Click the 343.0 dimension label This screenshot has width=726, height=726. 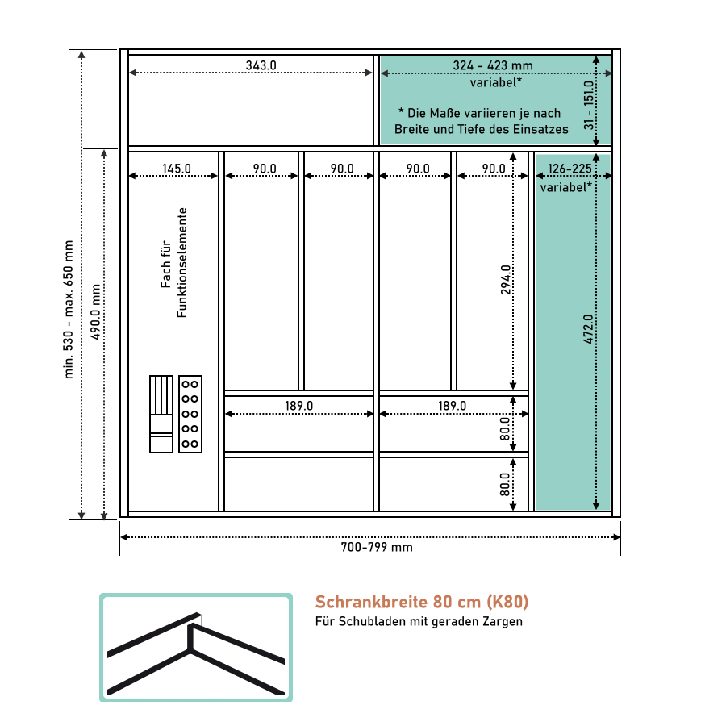261,65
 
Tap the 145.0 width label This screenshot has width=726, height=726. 177,169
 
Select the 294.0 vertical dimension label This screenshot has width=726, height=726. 506,280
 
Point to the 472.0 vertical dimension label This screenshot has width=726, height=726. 588,329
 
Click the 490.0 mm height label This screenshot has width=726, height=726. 95,312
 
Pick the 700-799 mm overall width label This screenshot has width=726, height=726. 377,547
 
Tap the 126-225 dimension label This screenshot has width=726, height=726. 570,169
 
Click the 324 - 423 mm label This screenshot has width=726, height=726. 493,65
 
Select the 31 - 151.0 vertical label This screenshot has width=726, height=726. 589,105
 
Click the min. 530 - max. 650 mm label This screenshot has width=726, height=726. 68,309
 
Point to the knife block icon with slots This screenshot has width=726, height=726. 161,414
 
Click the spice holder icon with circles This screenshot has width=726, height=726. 190,414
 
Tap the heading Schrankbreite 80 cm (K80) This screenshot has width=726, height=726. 422,602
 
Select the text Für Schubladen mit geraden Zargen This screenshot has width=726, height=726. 419,621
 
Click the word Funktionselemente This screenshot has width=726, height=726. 181,262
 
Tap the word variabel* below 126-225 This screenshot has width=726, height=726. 565,187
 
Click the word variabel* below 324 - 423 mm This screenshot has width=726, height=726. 496,82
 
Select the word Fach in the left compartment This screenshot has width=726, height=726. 165,277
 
